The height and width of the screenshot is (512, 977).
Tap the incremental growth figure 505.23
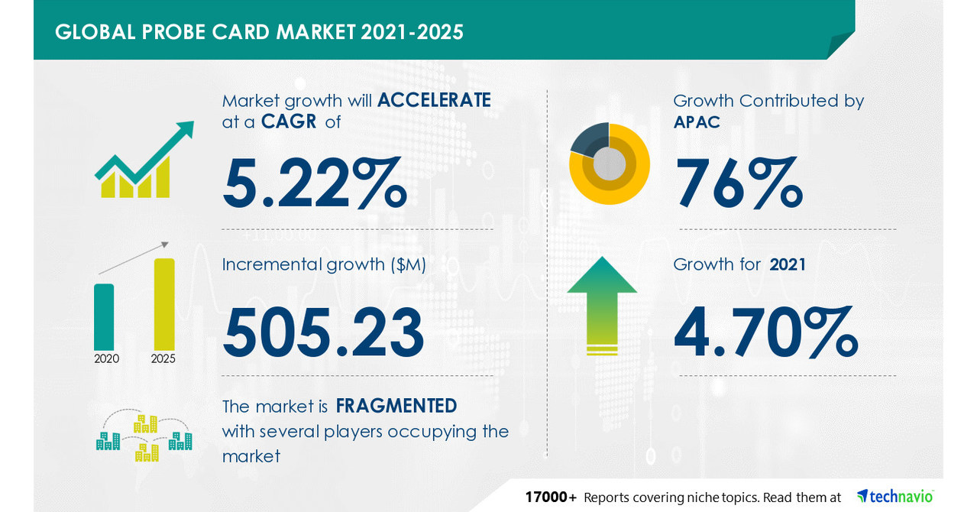(x=323, y=333)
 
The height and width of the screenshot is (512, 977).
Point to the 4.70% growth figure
(x=765, y=333)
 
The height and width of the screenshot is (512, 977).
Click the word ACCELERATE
(x=434, y=100)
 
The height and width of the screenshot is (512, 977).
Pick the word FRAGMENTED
(x=396, y=405)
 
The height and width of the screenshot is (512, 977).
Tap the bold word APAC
(x=697, y=122)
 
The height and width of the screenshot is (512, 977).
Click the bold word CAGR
(x=290, y=122)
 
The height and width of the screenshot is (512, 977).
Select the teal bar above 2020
(x=104, y=316)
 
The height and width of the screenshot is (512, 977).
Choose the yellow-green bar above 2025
(x=164, y=303)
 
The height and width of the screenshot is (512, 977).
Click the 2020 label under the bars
(x=106, y=358)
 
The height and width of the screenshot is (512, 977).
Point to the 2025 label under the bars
(x=163, y=358)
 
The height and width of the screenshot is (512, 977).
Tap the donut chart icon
(x=610, y=164)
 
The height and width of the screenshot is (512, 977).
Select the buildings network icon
(x=144, y=437)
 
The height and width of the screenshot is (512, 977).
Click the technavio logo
(x=895, y=497)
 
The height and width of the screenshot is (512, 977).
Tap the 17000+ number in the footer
(x=550, y=497)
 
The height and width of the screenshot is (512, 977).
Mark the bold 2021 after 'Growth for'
(x=788, y=264)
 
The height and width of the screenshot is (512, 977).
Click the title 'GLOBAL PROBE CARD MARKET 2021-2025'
(x=259, y=32)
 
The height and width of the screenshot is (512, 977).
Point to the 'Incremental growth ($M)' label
(x=324, y=264)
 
